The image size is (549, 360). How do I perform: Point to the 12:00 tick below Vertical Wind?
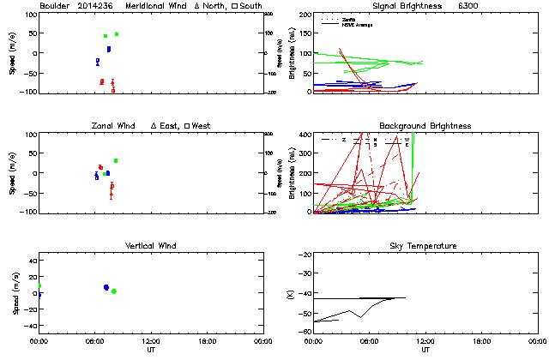click(x=151, y=340)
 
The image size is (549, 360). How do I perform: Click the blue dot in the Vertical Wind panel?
click(x=106, y=287)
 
